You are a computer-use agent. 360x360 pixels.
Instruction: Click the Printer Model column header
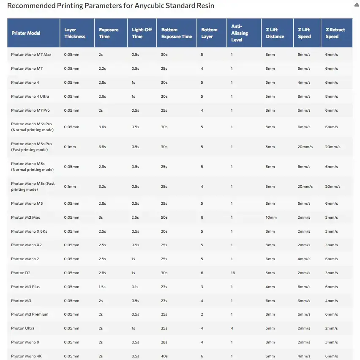(x=26, y=33)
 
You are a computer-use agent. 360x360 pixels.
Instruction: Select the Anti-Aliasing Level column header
(x=239, y=33)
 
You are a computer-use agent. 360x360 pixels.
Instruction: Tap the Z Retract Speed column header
(x=335, y=33)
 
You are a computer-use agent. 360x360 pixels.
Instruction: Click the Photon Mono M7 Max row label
(x=31, y=55)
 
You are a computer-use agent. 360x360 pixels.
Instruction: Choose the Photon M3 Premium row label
(x=30, y=314)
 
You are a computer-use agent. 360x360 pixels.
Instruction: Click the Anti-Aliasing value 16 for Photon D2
(x=233, y=273)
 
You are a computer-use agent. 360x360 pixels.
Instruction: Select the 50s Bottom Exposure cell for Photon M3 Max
(x=164, y=217)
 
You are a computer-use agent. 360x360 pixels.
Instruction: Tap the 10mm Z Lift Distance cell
(x=271, y=217)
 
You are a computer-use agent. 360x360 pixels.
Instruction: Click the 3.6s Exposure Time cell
(x=102, y=127)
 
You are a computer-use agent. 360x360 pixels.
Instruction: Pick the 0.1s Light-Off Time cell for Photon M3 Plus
(x=135, y=287)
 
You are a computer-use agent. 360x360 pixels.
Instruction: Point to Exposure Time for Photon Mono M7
(x=103, y=69)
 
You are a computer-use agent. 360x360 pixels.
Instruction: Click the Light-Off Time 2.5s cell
(x=136, y=217)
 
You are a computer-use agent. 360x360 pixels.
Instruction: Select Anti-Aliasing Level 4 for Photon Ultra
(x=232, y=328)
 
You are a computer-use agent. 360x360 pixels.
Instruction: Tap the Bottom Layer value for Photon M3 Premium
(x=202, y=314)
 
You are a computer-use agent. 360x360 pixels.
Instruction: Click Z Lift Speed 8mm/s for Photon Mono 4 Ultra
(x=304, y=96)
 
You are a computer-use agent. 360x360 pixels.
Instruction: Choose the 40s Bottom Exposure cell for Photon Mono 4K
(x=164, y=356)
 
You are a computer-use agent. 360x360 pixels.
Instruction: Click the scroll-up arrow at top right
(x=356, y=5)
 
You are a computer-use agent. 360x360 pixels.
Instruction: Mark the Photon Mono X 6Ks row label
(x=29, y=231)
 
